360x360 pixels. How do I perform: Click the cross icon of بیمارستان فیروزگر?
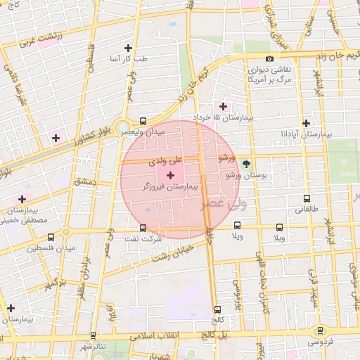click(170, 174)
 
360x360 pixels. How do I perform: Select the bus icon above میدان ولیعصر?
click(143, 120)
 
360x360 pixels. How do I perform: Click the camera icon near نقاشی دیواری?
click(269, 59)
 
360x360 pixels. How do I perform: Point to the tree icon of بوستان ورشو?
click(245, 163)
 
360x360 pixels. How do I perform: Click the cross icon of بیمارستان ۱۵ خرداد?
click(224, 106)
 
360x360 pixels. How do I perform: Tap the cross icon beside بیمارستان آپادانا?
click(305, 122)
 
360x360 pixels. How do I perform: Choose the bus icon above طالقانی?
click(306, 198)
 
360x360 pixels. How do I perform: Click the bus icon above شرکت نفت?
click(143, 228)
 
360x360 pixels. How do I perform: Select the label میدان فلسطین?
click(49, 249)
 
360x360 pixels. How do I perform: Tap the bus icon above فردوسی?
click(321, 330)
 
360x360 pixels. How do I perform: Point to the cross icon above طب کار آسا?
click(128, 49)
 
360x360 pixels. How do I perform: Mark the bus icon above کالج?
click(217, 309)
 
